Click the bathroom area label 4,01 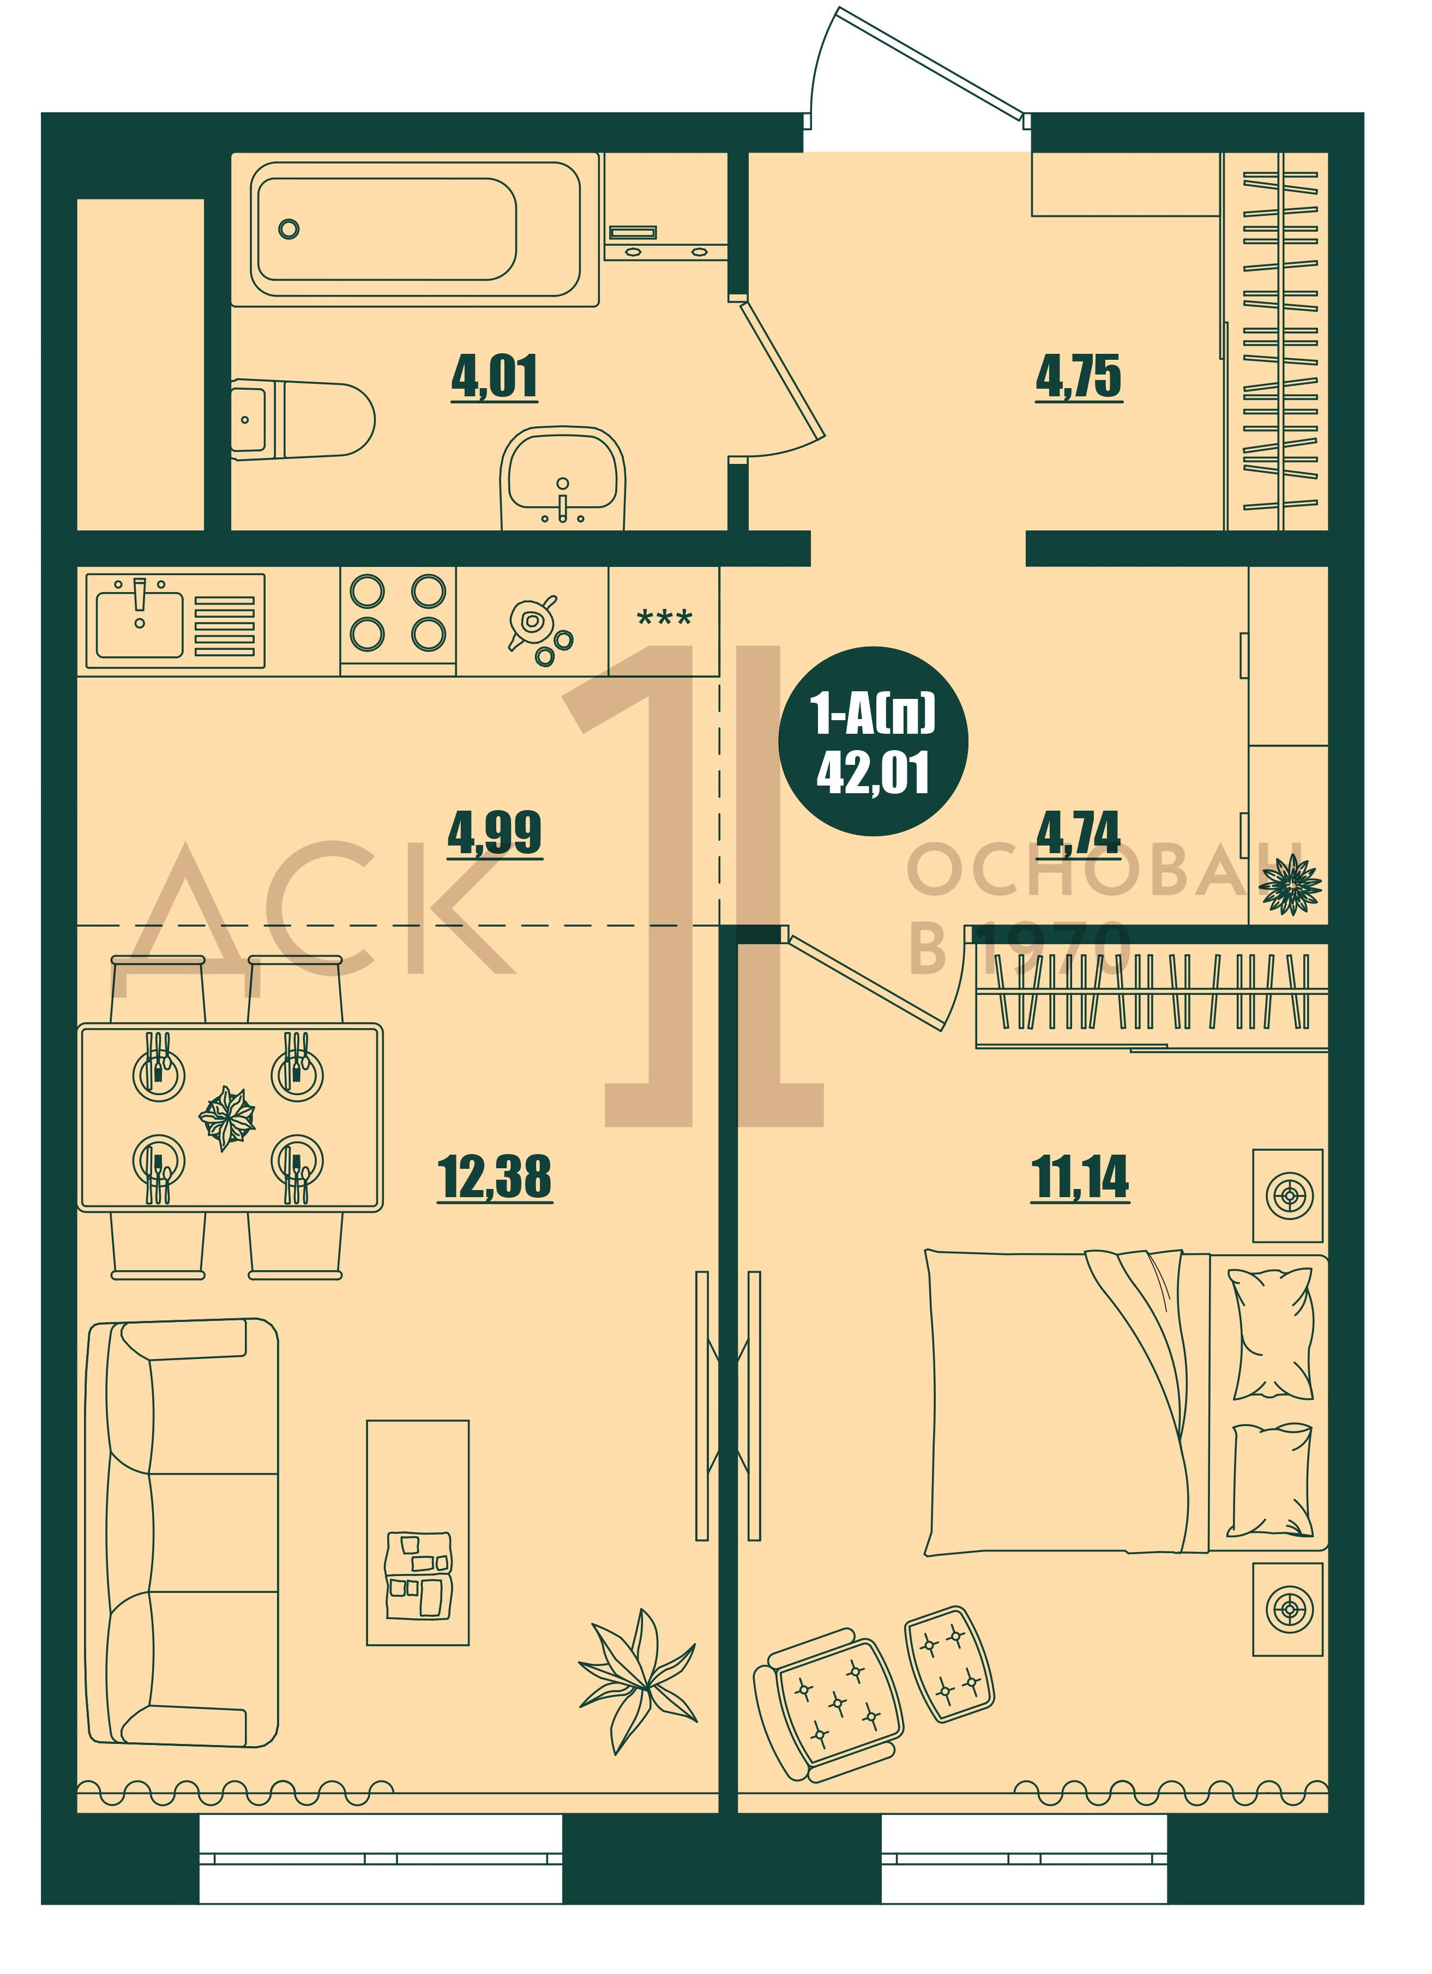click(495, 377)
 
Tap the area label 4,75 click(1079, 377)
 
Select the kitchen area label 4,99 click(495, 833)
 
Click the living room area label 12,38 click(495, 1177)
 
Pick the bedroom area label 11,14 click(1079, 1177)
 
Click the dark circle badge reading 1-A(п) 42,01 click(873, 741)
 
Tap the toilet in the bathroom click(304, 419)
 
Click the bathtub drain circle click(289, 229)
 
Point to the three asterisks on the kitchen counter click(665, 619)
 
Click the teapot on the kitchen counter click(534, 620)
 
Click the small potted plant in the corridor click(1291, 884)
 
